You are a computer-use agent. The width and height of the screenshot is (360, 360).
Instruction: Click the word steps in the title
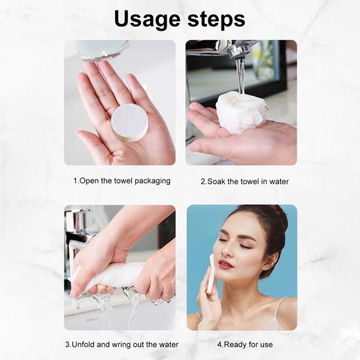(216, 19)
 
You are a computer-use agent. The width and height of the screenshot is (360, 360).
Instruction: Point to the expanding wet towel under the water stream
(241, 113)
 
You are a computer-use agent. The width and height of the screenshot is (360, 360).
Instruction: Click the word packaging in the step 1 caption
(152, 182)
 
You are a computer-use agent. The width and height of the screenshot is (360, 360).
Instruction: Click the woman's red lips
(225, 264)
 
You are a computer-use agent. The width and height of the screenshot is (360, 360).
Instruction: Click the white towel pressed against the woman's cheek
(210, 273)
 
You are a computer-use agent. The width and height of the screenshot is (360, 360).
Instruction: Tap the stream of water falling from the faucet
(240, 76)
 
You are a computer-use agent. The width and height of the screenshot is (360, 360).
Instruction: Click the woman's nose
(226, 251)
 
